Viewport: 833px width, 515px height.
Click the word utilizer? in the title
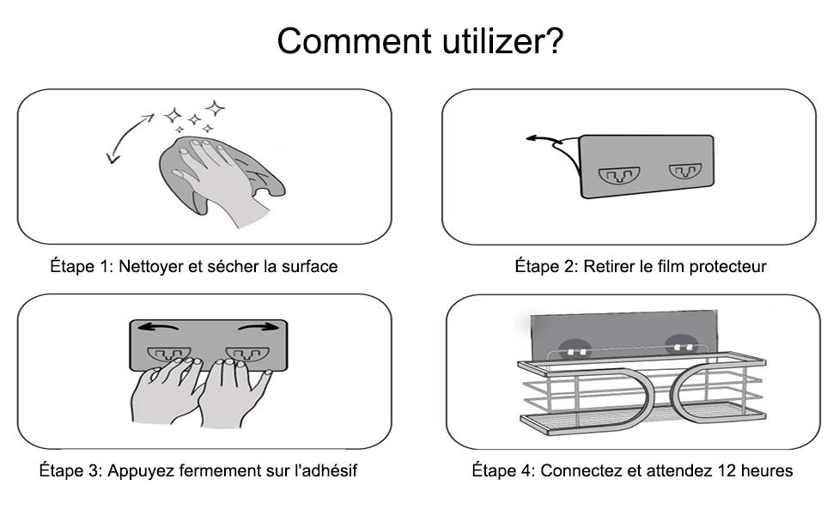pos(498,41)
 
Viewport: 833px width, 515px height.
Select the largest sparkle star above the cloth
pos(216,109)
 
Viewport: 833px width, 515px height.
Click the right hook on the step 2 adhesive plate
pos(684,172)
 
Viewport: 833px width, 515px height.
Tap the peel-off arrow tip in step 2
pos(530,137)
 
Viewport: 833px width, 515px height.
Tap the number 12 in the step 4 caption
pos(714,471)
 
